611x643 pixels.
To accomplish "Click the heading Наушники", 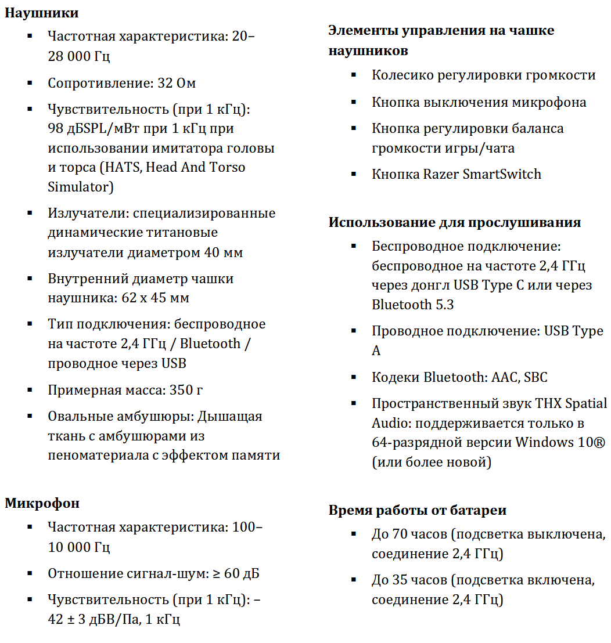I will point(42,12).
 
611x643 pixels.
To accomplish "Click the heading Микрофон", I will point(42,503).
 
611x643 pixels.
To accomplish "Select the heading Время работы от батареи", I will point(417,510).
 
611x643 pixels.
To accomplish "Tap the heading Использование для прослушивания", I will point(455,223).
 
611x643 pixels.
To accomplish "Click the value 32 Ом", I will point(177,83).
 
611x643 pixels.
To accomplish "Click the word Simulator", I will point(78,187).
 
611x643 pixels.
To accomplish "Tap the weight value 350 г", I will point(186,389).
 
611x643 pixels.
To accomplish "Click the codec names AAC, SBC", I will point(519,377).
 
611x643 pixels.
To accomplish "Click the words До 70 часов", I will point(409,534).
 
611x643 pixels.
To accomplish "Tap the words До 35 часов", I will point(409,580).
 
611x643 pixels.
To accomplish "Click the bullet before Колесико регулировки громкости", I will point(354,75).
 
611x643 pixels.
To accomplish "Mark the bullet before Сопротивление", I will point(30,83).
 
